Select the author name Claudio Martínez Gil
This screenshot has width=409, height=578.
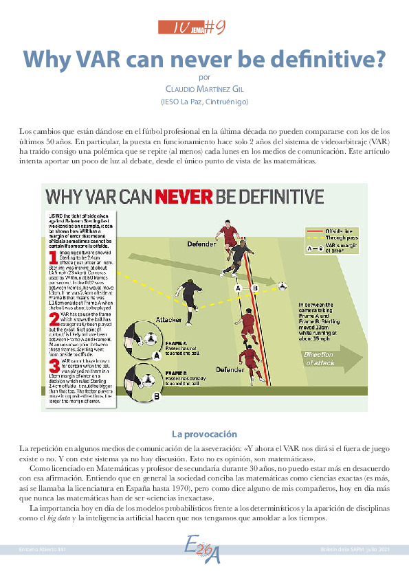tap(204, 89)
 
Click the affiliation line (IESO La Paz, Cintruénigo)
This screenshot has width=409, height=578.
tap(204, 102)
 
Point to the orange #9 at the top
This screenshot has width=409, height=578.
tap(215, 27)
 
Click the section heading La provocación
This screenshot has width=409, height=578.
tap(204, 435)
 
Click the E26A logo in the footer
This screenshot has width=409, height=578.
tap(204, 552)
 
